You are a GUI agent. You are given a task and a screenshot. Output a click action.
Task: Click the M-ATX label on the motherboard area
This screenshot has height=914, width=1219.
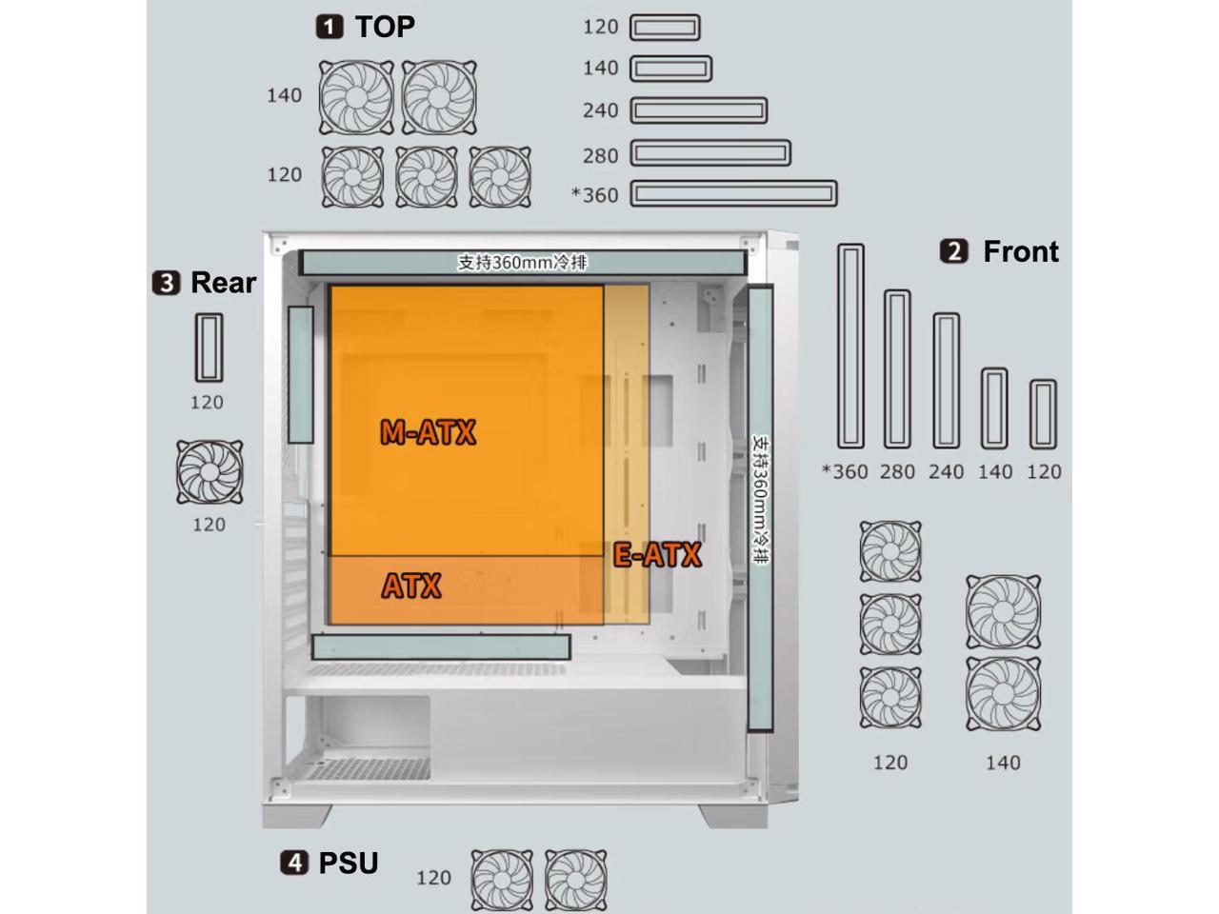click(x=428, y=433)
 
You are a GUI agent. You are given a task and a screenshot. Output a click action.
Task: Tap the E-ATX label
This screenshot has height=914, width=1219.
click(x=657, y=555)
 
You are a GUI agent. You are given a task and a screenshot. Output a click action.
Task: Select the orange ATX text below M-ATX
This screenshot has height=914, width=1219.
click(x=411, y=586)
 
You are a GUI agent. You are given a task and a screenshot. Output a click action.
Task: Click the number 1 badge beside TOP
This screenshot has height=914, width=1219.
click(x=330, y=27)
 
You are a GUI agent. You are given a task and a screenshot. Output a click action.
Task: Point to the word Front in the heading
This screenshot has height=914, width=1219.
click(x=1020, y=251)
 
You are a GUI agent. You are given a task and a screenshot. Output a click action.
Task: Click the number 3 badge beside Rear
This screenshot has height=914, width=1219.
click(x=166, y=283)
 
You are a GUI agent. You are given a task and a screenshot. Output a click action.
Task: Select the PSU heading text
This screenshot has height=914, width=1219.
click(x=348, y=863)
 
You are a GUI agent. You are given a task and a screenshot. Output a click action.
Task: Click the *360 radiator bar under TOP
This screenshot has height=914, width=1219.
click(x=733, y=194)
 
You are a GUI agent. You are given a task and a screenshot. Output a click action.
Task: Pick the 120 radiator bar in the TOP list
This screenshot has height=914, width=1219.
click(x=665, y=28)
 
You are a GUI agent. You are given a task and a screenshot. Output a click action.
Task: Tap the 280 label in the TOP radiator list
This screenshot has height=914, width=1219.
click(x=600, y=155)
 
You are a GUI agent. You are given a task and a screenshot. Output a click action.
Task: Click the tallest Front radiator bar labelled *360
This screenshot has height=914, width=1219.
click(x=850, y=347)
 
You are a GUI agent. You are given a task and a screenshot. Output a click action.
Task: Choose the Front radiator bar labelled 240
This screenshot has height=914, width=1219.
click(x=946, y=381)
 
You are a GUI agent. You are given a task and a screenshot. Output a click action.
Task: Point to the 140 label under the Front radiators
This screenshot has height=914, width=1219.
click(x=995, y=471)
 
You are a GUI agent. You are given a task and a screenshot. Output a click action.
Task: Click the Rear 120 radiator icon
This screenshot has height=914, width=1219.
click(x=208, y=348)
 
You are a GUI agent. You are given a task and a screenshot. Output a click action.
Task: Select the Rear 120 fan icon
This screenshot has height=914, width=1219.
click(x=210, y=472)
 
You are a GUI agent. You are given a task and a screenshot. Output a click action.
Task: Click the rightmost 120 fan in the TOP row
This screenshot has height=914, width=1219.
click(x=500, y=177)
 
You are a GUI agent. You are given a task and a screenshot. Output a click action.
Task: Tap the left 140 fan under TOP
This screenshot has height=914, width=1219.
click(x=356, y=98)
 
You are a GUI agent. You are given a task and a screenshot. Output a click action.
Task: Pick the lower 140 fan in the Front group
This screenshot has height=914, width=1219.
click(x=1003, y=694)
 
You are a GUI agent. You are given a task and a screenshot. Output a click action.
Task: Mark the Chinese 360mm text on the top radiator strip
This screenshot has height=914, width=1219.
click(x=522, y=262)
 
